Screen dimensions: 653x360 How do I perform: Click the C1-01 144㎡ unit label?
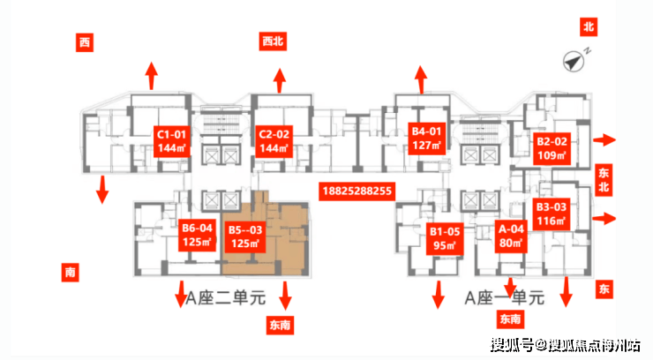pos(171,141)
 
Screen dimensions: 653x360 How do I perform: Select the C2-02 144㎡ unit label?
pos(274,141)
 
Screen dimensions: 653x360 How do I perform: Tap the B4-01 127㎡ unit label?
pos(426,139)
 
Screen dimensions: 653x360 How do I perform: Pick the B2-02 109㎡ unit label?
pos(552,148)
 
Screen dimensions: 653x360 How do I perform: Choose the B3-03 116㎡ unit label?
pos(552,214)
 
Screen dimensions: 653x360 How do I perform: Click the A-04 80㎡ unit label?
pos(511,236)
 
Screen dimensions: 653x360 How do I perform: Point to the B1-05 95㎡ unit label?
pos(445,239)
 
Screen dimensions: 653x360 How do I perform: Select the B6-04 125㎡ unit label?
pos(197,235)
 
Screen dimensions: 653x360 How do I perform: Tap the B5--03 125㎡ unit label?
pos(245,236)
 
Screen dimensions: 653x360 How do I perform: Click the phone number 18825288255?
pos(357,191)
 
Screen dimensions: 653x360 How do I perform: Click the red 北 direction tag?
pos(589,27)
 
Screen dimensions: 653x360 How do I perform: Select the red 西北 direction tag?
pos(273,41)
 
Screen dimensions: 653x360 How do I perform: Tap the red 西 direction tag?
pos(85,42)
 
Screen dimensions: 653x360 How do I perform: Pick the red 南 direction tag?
pos(71,272)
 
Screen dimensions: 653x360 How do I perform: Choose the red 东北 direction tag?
pos(604,180)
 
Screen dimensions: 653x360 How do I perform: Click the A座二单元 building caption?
pos(225,298)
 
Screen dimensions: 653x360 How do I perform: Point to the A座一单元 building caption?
pos(505,298)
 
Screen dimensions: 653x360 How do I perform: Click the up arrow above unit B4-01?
pos(421,79)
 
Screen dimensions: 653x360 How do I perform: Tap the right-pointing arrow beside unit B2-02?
pos(604,139)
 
